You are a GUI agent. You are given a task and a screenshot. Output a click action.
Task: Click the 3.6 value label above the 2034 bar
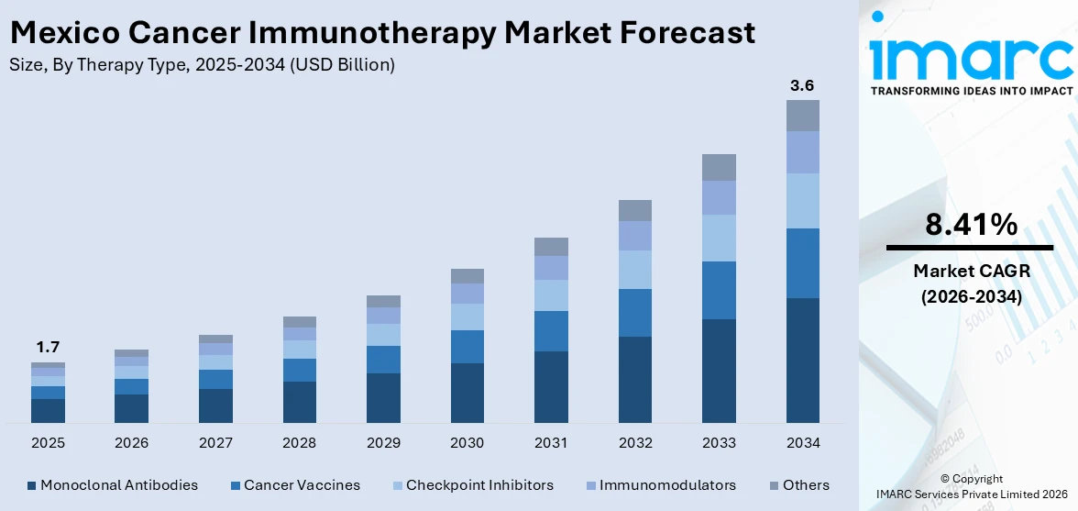tap(802, 85)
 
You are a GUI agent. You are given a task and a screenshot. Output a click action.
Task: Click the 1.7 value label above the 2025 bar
tap(48, 347)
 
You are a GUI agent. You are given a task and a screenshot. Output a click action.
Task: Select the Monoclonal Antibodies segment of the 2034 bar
tap(802, 360)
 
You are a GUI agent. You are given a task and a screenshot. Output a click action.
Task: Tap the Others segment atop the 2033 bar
tap(719, 167)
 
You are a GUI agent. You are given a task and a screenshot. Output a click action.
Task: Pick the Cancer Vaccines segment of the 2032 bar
tap(635, 313)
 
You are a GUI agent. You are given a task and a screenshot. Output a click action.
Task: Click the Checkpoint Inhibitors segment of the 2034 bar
tap(802, 201)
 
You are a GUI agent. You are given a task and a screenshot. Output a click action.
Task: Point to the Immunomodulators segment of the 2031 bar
tap(551, 268)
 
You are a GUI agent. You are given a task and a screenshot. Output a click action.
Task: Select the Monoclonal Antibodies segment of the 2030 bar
tap(467, 393)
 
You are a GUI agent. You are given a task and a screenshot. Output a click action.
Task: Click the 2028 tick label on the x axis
tap(300, 443)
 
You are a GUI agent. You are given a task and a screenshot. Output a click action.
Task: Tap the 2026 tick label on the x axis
tap(132, 443)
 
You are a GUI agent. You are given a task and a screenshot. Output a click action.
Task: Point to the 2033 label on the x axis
tap(719, 443)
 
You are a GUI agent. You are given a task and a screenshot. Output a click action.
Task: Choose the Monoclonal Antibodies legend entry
tap(118, 485)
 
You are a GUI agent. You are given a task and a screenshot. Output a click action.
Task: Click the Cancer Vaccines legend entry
tap(302, 485)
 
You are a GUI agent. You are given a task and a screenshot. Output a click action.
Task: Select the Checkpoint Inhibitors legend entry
tap(479, 485)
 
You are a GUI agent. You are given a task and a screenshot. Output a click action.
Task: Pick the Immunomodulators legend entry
tap(667, 485)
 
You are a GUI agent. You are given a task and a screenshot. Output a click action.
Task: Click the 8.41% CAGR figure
tap(970, 224)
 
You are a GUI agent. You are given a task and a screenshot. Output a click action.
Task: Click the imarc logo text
tap(971, 57)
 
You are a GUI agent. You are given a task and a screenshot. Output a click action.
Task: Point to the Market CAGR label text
tap(970, 272)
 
